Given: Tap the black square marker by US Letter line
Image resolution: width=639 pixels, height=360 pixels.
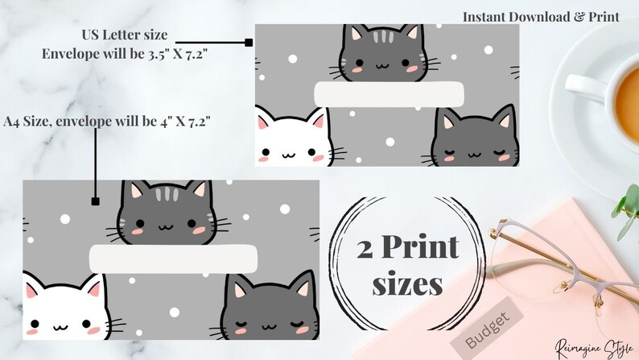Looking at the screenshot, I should click(249, 42).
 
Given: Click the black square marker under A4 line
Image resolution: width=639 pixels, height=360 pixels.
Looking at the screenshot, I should click(95, 202).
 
